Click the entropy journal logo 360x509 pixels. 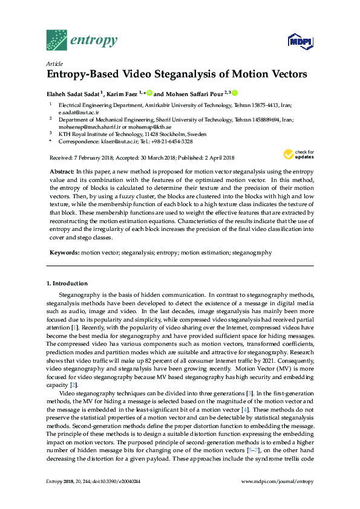click(x=81, y=40)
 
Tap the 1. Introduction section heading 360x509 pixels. click(x=67, y=284)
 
